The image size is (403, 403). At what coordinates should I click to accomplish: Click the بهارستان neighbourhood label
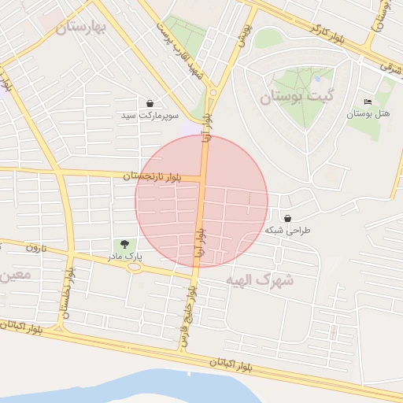pos(81,28)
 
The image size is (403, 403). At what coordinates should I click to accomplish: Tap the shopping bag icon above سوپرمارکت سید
pos(150,103)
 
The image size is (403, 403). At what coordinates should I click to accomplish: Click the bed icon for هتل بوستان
pos(368,102)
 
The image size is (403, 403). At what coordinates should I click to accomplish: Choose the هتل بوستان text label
pos(368,114)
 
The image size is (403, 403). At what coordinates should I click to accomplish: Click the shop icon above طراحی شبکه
pos(287,218)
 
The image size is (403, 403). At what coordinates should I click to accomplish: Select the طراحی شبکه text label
pos(288,231)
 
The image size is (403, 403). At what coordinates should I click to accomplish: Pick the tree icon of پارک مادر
pos(124,244)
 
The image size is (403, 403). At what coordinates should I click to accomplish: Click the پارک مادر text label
pos(124,257)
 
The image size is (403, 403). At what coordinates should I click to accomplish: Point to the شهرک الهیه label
pos(260,279)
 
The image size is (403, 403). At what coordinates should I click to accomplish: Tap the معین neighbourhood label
pos(16,275)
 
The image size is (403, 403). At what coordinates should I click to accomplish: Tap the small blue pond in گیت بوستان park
pos(316,79)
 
